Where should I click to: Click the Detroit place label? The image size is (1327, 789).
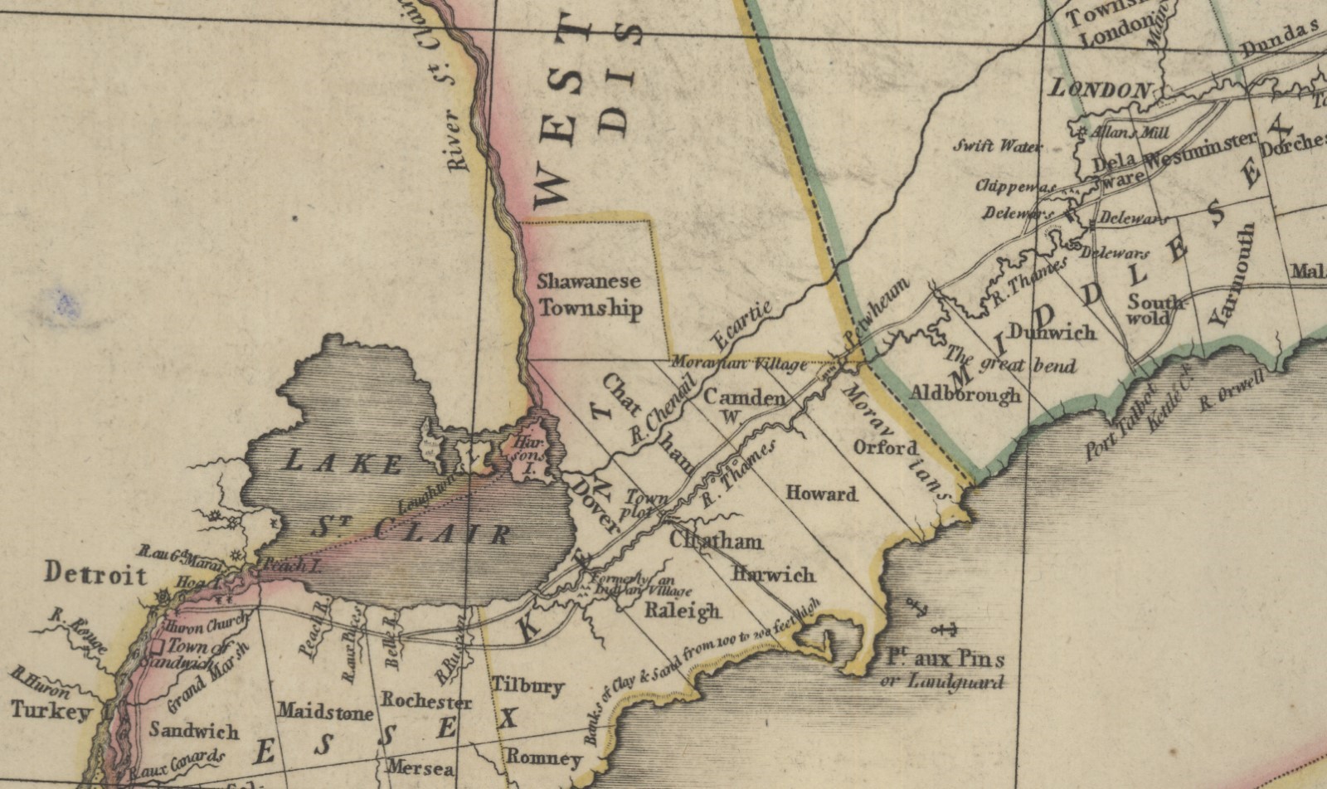[x=95, y=574]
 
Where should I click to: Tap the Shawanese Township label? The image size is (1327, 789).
[x=589, y=295]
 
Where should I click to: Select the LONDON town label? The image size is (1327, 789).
[x=1101, y=89]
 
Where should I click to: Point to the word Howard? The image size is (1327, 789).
[x=820, y=494]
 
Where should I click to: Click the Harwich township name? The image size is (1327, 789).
[x=773, y=574]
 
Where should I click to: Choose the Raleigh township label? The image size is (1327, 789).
[x=683, y=611]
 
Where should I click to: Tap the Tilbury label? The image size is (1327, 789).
[x=528, y=686]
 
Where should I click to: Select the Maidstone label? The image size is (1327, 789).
[x=325, y=711]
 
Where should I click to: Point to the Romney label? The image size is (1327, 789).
[x=543, y=757]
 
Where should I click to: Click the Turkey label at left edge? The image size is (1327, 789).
[x=51, y=712]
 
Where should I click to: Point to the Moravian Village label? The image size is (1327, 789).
[x=738, y=363]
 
